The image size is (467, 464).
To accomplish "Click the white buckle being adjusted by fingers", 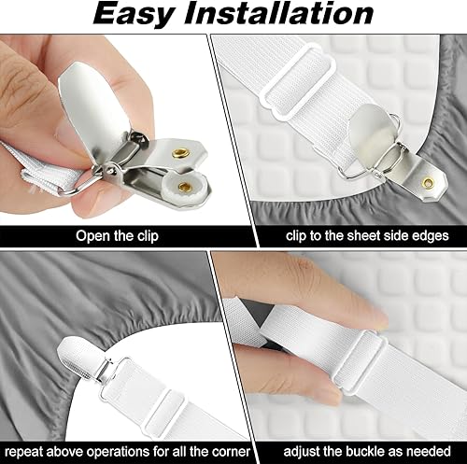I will pos(360,362).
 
